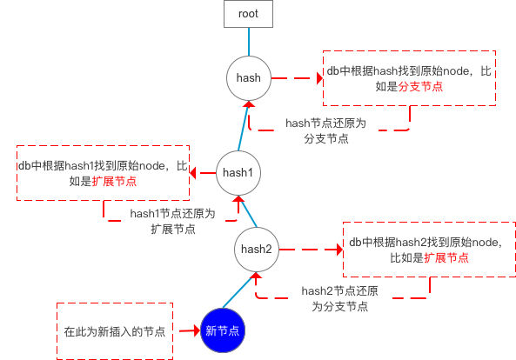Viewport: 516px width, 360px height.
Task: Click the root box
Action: point(249,14)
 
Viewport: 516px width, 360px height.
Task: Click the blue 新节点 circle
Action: point(223,330)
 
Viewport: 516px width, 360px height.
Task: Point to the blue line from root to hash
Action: point(249,42)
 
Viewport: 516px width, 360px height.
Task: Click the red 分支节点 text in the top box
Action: point(420,86)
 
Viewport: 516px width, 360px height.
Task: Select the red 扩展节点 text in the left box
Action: point(114,181)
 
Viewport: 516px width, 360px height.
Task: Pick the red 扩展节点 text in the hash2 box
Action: point(446,257)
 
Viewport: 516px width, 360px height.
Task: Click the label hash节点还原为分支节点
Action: point(325,130)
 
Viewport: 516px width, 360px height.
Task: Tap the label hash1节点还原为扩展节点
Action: point(173,221)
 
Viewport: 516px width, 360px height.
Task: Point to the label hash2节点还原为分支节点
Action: point(340,299)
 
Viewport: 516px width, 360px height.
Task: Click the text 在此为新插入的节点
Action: point(115,331)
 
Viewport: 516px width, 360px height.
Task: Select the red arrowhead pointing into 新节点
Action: point(198,330)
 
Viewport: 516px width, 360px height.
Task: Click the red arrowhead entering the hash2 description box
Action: point(340,250)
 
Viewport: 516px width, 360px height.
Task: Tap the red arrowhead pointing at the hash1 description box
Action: point(193,173)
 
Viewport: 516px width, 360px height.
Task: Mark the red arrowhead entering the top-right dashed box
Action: point(319,78)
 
